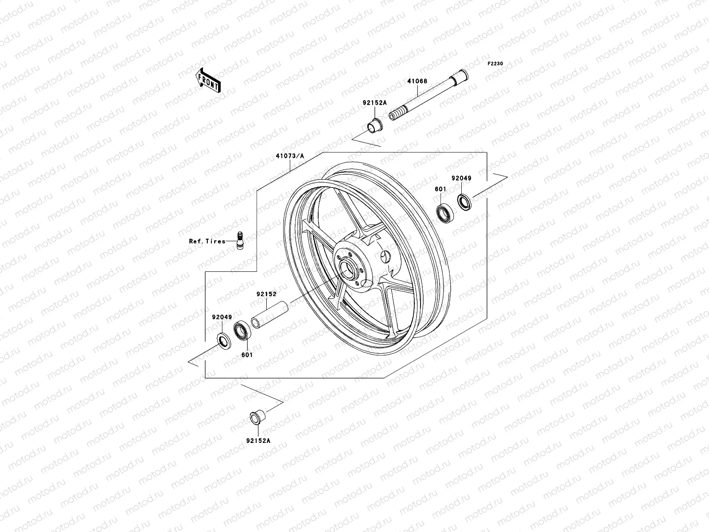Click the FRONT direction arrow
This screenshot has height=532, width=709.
(214, 80)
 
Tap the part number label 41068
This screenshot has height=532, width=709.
(417, 82)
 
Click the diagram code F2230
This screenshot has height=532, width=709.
(495, 64)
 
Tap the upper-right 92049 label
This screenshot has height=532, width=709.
(461, 178)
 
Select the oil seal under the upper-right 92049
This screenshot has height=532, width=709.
(464, 202)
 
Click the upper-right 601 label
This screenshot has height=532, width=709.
(440, 189)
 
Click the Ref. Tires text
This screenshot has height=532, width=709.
(207, 241)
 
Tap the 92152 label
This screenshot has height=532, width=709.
(266, 294)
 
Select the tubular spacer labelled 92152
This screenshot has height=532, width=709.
(270, 313)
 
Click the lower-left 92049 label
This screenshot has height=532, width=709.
(222, 317)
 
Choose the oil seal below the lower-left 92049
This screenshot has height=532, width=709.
(223, 341)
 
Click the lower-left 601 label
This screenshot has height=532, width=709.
(247, 355)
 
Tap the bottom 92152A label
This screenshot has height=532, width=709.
(258, 441)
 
